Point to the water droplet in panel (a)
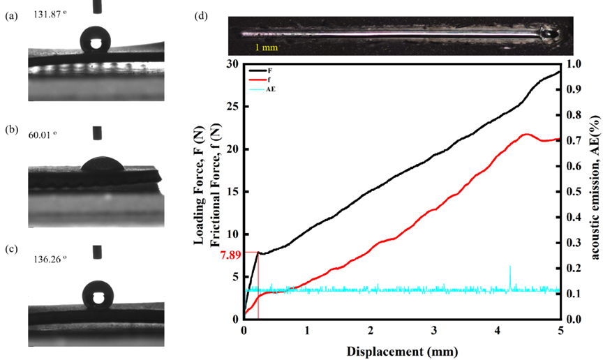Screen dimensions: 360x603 click(94, 40)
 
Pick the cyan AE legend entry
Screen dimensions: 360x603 click(272, 90)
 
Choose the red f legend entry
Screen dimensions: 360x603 click(269, 80)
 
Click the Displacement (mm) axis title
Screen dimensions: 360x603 click(401, 347)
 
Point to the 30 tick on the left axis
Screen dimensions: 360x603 click(232, 64)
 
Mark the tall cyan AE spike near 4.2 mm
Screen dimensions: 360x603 click(510, 267)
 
